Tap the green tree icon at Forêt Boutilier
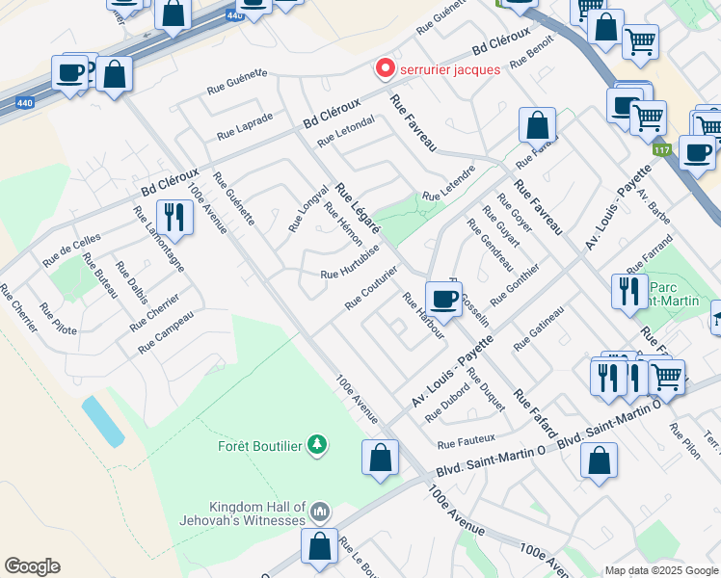pos(315,444)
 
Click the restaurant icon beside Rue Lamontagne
pos(174,217)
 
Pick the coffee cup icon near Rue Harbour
pos(443,299)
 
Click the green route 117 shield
pos(661,149)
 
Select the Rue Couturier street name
pos(372,288)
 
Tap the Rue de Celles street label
pos(71,250)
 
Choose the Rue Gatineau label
pos(540,329)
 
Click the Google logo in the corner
pos(32,566)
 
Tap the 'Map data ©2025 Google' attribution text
pos(661,570)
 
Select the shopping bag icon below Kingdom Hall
pos(319,545)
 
